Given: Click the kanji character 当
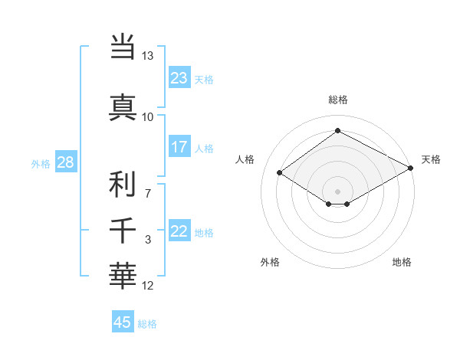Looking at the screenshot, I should pyautogui.click(x=123, y=47).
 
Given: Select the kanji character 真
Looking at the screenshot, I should pyautogui.click(x=123, y=107).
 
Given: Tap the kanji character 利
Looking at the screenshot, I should pyautogui.click(x=123, y=185).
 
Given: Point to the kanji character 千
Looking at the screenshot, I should pyautogui.click(x=123, y=230).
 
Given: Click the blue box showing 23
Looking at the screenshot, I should pyautogui.click(x=179, y=78).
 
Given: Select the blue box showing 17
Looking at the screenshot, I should pyautogui.click(x=179, y=147).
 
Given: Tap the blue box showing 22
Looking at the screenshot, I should pyautogui.click(x=179, y=232).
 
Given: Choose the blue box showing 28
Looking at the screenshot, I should pyautogui.click(x=65, y=162).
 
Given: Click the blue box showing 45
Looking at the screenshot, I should pyautogui.click(x=123, y=322).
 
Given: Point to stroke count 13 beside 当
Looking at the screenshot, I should pyautogui.click(x=147, y=57).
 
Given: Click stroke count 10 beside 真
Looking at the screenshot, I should pyautogui.click(x=147, y=117).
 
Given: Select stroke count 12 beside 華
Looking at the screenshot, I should pyautogui.click(x=148, y=286).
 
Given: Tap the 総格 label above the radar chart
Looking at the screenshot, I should pyautogui.click(x=337, y=100).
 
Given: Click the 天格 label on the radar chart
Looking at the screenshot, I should pyautogui.click(x=431, y=159).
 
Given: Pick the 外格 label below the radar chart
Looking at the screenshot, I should pyautogui.click(x=270, y=262).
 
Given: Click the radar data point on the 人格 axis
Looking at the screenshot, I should pyautogui.click(x=280, y=173).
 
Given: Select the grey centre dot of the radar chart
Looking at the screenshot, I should pyautogui.click(x=337, y=190).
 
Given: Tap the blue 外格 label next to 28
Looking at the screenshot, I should pyautogui.click(x=40, y=163).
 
